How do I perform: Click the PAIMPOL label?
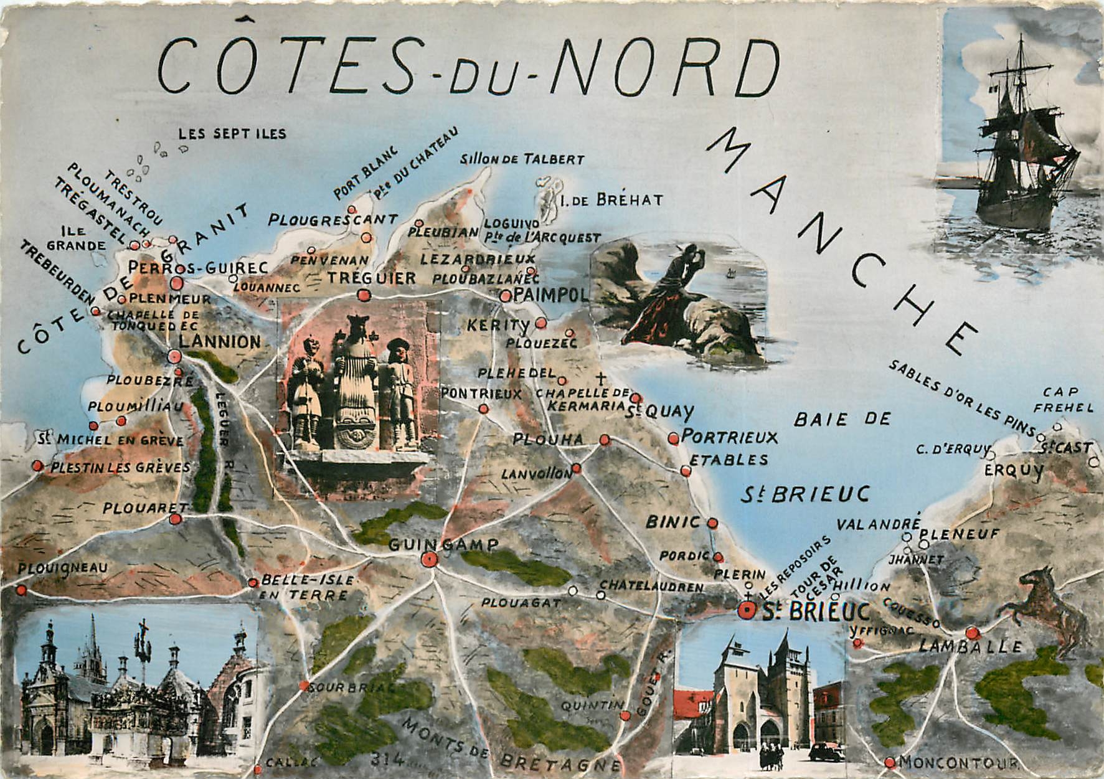click(x=552, y=295)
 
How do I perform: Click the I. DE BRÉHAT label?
click(x=611, y=200)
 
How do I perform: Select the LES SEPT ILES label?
click(x=232, y=133)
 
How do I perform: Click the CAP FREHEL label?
click(x=1069, y=400)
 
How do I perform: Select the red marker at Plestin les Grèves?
click(x=38, y=465)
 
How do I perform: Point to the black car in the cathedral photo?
click(x=826, y=752)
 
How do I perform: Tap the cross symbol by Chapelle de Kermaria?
click(x=600, y=378)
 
